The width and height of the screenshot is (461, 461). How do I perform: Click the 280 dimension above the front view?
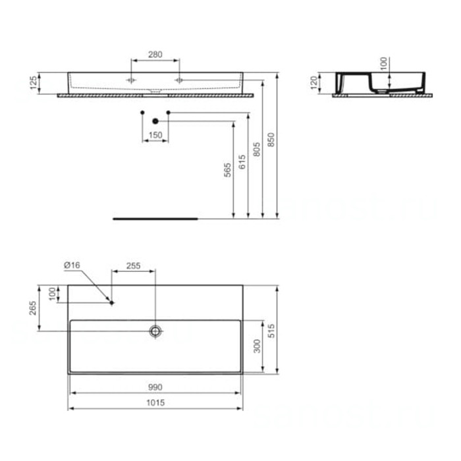[155, 55]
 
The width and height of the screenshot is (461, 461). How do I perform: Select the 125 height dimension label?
[33, 82]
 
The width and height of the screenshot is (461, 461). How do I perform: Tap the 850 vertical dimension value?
[271, 140]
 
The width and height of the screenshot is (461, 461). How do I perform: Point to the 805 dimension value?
[256, 149]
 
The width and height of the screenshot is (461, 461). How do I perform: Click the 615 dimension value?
[242, 162]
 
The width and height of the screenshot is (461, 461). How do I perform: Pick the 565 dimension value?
[227, 170]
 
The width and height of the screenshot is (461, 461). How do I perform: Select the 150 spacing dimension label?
[155, 135]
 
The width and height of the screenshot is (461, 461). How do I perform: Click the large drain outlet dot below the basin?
[155, 121]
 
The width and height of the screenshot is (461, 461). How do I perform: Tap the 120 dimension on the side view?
[314, 82]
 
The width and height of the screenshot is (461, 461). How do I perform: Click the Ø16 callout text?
[72, 265]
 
